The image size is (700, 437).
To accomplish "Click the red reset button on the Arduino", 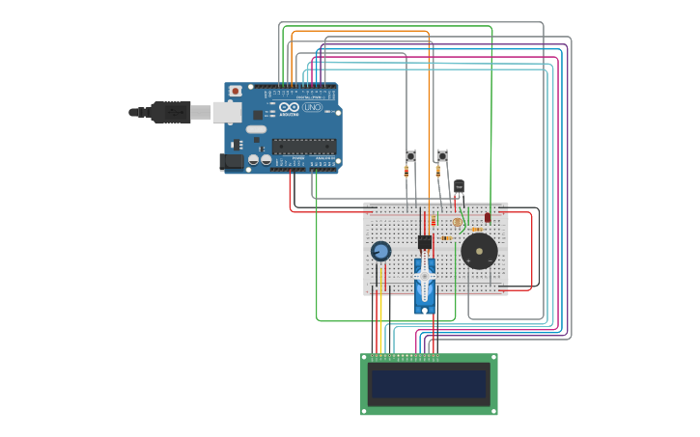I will (235, 92).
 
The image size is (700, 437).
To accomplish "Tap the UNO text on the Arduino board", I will (312, 107).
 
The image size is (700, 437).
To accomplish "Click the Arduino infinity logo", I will (290, 107).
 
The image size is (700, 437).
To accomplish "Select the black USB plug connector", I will (170, 112).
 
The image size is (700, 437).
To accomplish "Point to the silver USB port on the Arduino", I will (227, 113).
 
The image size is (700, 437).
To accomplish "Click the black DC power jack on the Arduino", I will (232, 161).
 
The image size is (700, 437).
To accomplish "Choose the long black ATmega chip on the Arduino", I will (303, 147).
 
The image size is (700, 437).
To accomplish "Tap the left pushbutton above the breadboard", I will (410, 156).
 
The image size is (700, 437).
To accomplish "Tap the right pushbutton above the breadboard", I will (442, 156).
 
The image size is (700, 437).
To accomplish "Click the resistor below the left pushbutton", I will (406, 172).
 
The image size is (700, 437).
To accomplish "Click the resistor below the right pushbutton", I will (437, 172).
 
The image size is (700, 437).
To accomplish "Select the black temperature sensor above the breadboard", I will (459, 186).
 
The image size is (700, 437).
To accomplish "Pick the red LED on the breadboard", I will (488, 217).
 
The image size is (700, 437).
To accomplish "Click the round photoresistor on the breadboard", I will (458, 222).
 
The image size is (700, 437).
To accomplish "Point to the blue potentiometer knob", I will (381, 251).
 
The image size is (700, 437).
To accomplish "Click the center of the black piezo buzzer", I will (479, 252).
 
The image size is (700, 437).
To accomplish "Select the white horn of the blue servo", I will (425, 275).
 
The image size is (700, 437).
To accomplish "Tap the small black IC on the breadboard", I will (425, 242).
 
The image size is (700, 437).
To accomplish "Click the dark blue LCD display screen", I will (429, 384).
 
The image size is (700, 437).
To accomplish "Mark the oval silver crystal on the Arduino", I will (256, 129).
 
